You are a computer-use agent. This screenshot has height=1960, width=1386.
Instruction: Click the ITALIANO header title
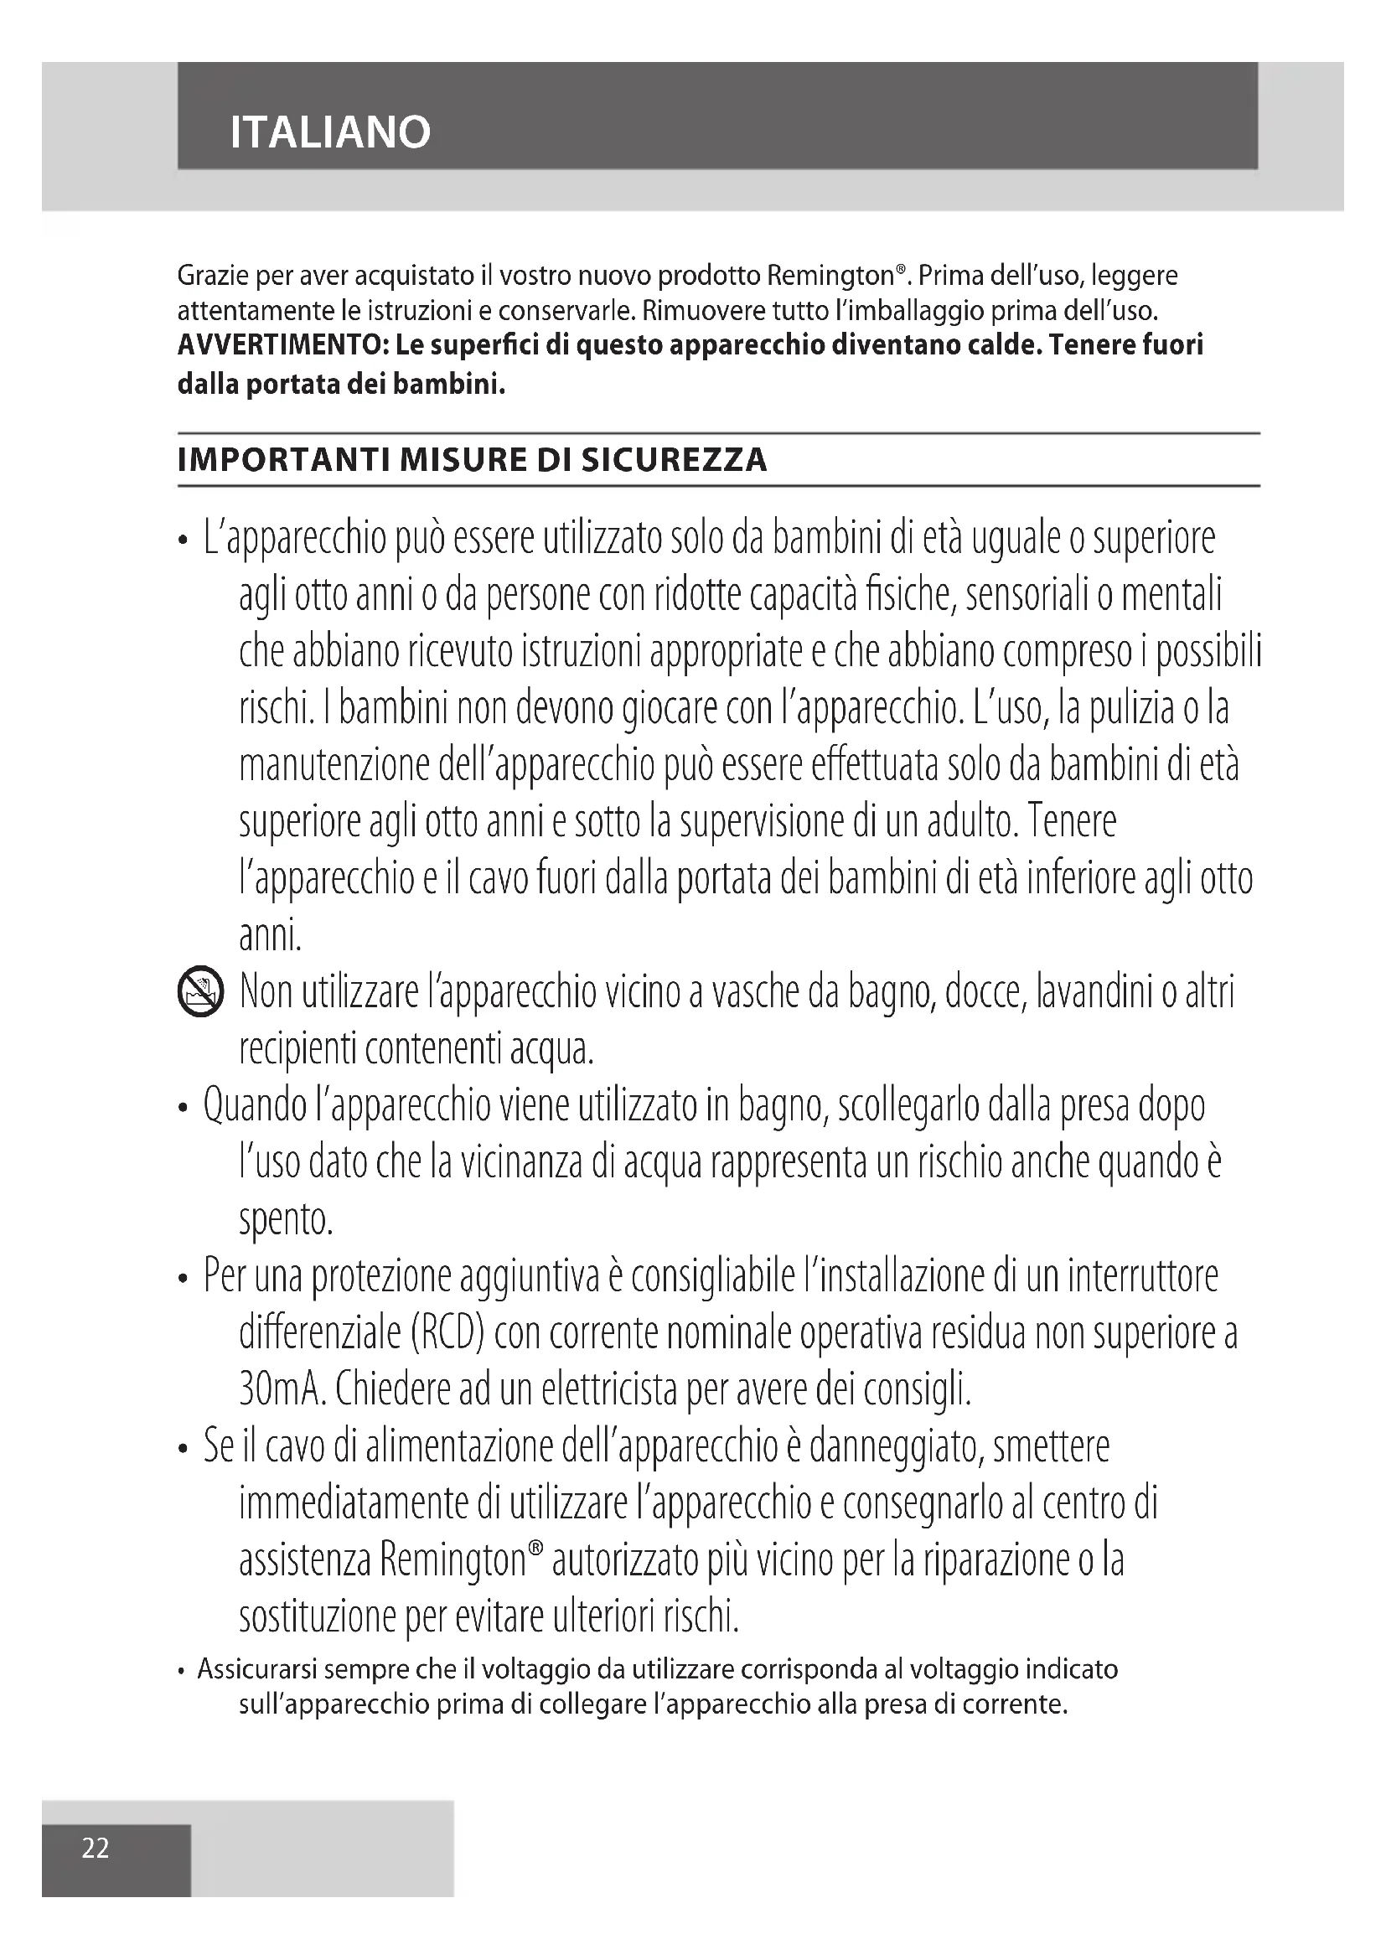click(330, 132)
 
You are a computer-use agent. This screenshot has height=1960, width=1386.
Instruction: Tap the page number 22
click(96, 1848)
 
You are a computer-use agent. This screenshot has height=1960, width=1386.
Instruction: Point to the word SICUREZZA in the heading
click(675, 460)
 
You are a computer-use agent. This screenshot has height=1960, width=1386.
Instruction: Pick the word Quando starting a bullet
click(256, 1106)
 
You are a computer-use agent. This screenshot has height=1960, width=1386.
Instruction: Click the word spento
click(285, 1221)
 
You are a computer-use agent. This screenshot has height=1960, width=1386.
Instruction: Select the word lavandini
click(1094, 993)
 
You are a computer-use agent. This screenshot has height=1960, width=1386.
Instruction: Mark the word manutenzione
click(334, 766)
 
